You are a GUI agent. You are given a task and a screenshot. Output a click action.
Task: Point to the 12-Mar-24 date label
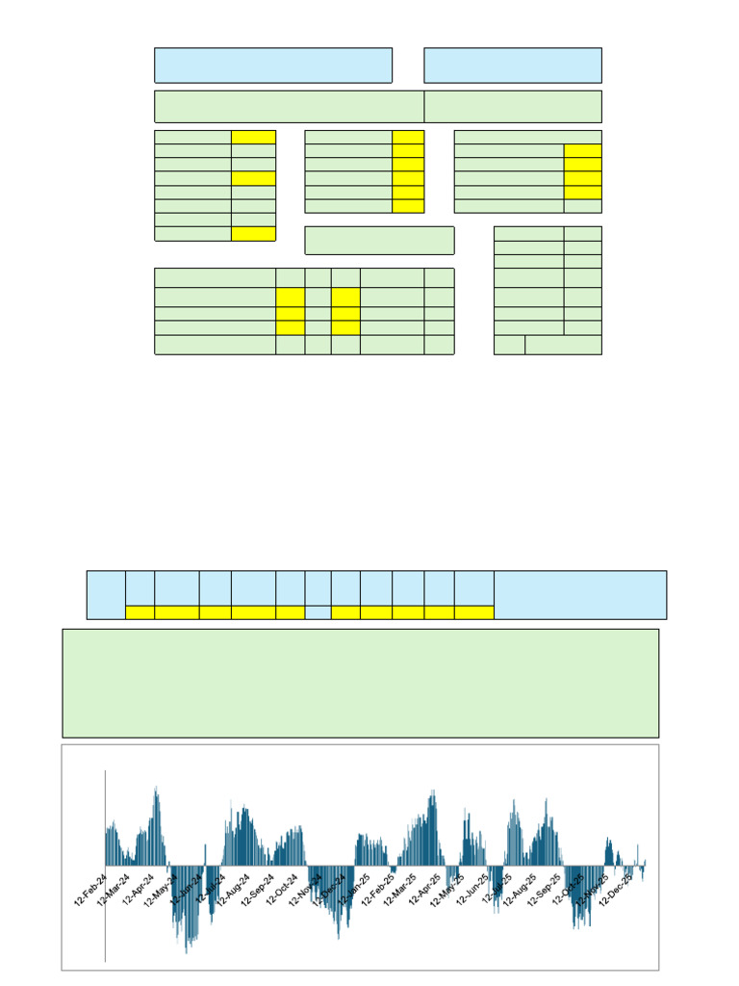click(113, 890)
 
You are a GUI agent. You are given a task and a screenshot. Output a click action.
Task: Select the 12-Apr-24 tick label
click(138, 890)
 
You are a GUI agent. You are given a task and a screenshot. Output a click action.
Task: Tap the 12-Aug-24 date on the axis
click(234, 890)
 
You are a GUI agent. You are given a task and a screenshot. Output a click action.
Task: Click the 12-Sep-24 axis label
click(259, 890)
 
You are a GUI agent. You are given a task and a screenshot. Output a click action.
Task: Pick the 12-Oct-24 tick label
click(283, 890)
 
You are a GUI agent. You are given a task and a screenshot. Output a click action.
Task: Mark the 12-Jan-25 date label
click(353, 890)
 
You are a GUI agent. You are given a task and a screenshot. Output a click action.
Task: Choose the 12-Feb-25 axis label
click(378, 890)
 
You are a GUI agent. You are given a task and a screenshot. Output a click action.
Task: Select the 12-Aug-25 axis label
click(521, 890)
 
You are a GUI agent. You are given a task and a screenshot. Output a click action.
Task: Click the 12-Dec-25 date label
click(616, 890)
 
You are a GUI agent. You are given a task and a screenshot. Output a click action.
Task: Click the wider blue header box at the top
click(273, 65)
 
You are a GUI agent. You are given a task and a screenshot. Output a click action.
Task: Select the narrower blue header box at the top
click(513, 65)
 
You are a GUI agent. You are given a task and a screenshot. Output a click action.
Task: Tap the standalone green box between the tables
click(379, 241)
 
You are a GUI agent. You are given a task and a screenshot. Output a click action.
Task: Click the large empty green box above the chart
click(360, 684)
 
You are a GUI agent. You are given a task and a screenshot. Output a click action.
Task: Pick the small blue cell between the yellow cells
click(318, 612)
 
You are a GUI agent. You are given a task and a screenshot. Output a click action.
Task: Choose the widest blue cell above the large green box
click(580, 595)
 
